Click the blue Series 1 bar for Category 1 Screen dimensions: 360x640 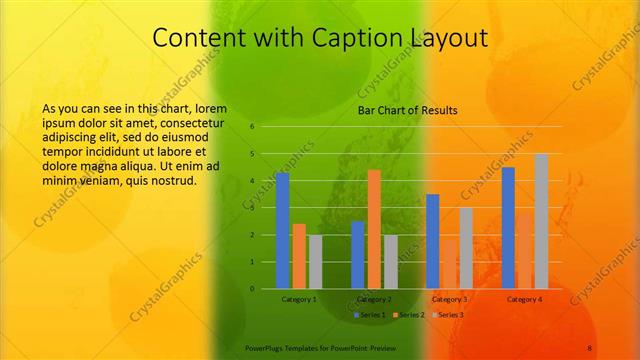point(282,231)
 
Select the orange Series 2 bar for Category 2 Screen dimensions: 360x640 point(374,229)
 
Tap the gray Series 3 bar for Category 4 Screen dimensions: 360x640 point(541,221)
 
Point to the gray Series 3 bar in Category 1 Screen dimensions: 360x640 point(315,262)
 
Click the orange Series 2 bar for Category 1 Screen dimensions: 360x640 point(299,256)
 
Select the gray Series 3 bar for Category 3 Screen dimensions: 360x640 point(466,248)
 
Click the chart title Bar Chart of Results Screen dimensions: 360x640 point(407,110)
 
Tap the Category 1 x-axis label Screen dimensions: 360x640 point(299,299)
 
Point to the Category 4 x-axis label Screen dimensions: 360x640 point(524,299)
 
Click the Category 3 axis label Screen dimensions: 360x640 point(449,299)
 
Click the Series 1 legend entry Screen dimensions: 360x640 point(371,315)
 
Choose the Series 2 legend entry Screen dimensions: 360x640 point(409,315)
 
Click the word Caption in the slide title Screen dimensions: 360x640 point(334,38)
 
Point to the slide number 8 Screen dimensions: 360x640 point(590,348)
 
